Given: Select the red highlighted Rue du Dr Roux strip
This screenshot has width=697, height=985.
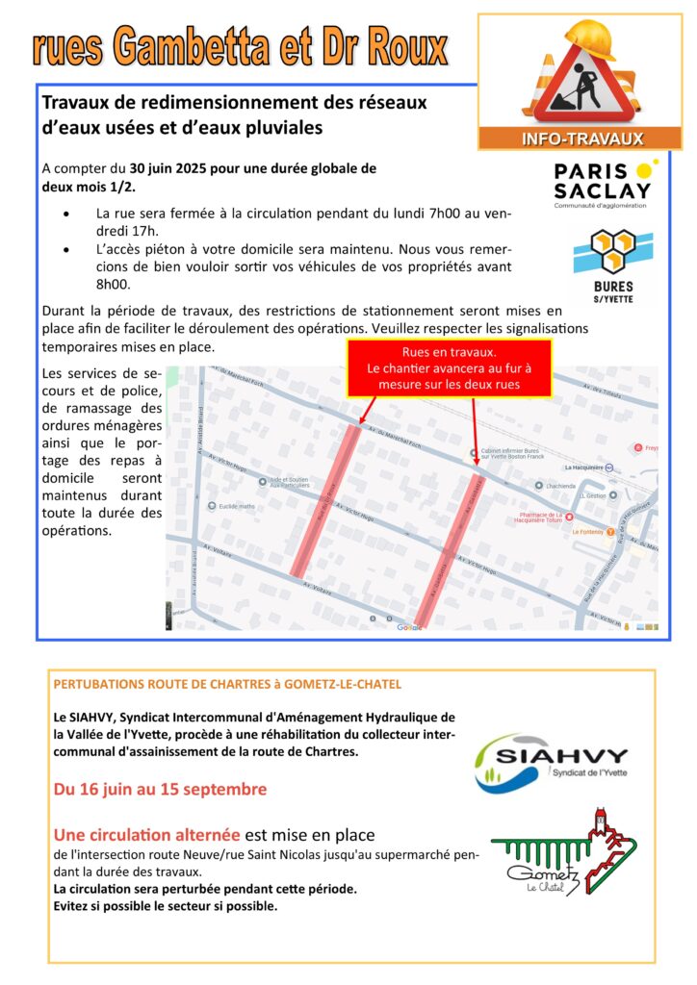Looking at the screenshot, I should [326, 500].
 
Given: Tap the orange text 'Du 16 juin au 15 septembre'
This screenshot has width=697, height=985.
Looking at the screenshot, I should [161, 790].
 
